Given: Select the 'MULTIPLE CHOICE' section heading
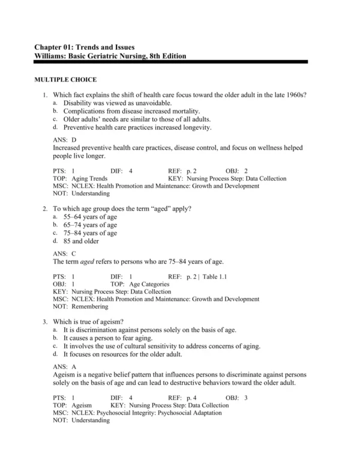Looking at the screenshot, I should [x=65, y=80].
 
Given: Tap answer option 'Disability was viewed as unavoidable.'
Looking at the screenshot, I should [x=113, y=103].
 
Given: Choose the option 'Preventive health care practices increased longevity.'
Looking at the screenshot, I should [x=137, y=127].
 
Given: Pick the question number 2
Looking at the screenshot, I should [x=46, y=208].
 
